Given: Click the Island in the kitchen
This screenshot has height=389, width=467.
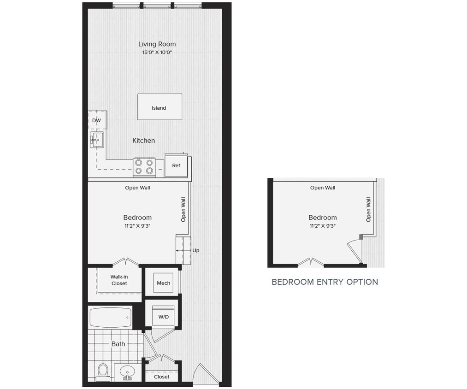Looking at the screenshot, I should [x=159, y=107].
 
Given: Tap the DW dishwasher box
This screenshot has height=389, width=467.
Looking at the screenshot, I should [x=97, y=120].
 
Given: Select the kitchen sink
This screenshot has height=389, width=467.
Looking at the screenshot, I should [x=97, y=139].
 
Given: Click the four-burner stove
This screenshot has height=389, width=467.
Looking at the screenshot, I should [x=144, y=167].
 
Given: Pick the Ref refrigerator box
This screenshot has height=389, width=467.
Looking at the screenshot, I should [x=176, y=166].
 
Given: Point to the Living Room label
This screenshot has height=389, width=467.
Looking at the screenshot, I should [x=157, y=44].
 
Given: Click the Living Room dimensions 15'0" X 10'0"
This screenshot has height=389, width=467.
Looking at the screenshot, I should [x=157, y=53].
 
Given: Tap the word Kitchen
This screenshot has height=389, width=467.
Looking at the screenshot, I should [x=144, y=141].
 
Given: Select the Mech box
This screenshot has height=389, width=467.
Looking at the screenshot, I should [x=164, y=283].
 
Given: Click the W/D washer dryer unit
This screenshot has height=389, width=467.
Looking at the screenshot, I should [x=163, y=317].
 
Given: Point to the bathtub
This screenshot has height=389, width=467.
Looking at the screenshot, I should [x=110, y=318].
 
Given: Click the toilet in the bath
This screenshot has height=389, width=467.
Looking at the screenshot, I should [x=103, y=371].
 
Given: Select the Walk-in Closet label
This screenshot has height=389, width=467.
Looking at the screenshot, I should [x=119, y=280].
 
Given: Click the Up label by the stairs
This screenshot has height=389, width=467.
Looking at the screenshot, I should [x=196, y=251].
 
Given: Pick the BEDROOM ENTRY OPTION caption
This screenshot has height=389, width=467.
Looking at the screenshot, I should [x=325, y=282].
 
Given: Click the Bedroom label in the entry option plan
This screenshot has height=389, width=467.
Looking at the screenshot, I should [x=323, y=218].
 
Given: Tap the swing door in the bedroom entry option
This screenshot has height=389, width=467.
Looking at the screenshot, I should [x=354, y=251].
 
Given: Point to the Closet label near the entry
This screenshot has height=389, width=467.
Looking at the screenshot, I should [x=162, y=377].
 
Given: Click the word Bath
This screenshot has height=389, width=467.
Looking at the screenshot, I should [x=118, y=344].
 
